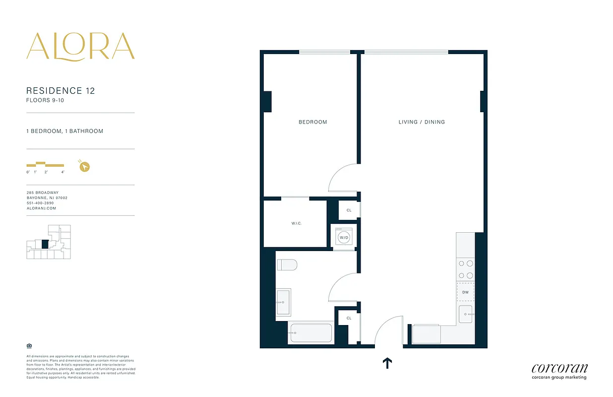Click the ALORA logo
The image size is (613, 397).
tap(80, 47)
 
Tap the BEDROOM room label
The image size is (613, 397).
tap(312, 122)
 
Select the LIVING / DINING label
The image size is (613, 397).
tap(422, 122)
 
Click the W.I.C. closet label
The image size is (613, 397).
tap(296, 223)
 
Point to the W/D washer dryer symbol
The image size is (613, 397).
tap(343, 237)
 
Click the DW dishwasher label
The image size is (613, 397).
tap(465, 292)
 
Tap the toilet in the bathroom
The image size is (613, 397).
tap(287, 265)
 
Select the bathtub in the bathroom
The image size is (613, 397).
tap(310, 333)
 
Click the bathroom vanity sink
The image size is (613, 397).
tap(283, 302)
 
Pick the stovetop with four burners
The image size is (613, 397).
tap(465, 269)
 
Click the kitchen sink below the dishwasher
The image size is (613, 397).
tap(466, 315)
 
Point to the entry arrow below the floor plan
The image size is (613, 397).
tap(387, 364)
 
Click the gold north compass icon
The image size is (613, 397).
tap(84, 167)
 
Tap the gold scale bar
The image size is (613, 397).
tap(45, 164)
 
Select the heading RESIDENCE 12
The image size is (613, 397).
tap(61, 91)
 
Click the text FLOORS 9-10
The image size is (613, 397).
tap(45, 100)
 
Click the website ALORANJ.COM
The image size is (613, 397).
tap(41, 208)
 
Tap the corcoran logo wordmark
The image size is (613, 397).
tap(559, 368)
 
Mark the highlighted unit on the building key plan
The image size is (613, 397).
tap(45, 244)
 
